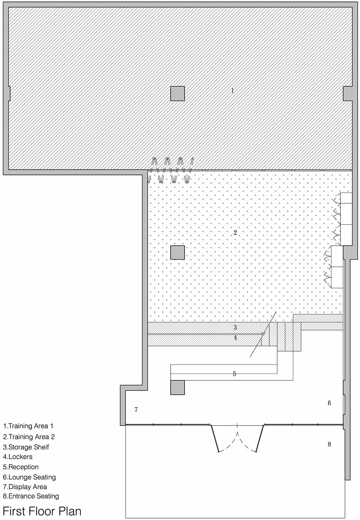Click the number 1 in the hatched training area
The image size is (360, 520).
(x=232, y=90)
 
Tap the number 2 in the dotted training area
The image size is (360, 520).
(x=235, y=233)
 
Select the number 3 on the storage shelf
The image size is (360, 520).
(x=235, y=328)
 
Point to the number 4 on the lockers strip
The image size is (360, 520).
(x=235, y=338)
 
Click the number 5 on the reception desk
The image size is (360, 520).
(x=234, y=374)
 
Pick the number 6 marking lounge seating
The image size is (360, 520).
(x=329, y=403)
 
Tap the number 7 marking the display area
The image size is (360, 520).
(x=136, y=410)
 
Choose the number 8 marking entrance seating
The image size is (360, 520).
(x=329, y=444)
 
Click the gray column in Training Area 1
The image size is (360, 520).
(x=177, y=93)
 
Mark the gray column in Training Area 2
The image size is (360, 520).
(x=177, y=252)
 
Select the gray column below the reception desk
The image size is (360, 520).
(x=177, y=388)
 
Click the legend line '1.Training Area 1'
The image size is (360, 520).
(x=28, y=426)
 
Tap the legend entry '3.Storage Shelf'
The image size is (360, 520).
(x=26, y=447)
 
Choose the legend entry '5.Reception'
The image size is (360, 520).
(x=21, y=467)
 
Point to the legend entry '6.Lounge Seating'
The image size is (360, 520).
(x=30, y=477)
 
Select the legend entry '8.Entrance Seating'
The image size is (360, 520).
(x=31, y=496)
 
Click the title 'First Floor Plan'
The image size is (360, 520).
(x=42, y=511)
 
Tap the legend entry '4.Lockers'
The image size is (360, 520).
(x=18, y=457)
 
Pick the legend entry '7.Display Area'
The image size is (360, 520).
(x=25, y=487)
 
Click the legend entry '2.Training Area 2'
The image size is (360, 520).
(x=29, y=437)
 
